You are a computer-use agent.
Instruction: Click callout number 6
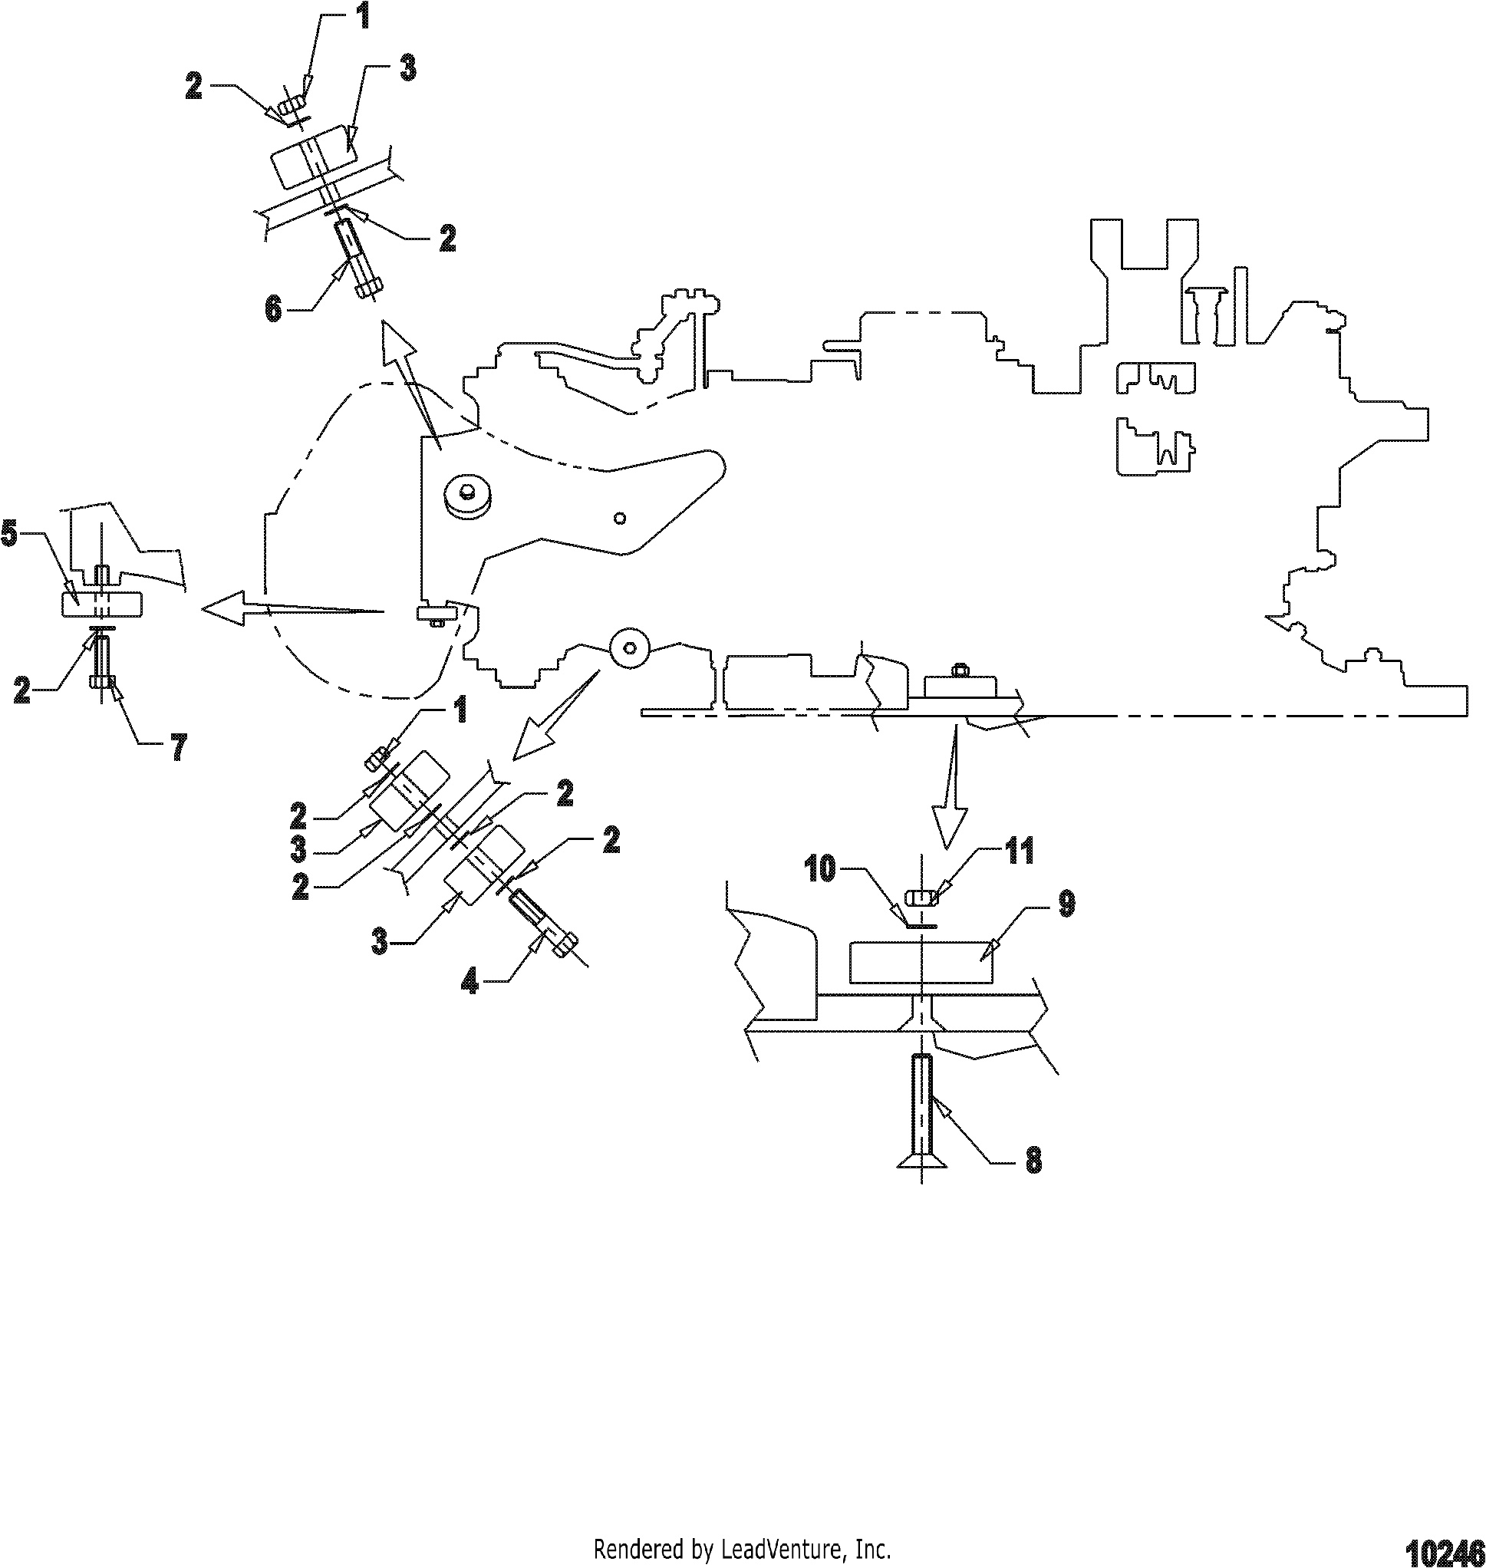click(x=273, y=309)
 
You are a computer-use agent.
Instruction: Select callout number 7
click(x=180, y=746)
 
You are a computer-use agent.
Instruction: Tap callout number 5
click(x=8, y=534)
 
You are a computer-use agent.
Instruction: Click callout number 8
click(x=1033, y=1161)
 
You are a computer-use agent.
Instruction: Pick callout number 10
click(x=820, y=869)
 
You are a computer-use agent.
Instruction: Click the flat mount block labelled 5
click(x=101, y=604)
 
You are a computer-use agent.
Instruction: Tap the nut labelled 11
click(x=923, y=898)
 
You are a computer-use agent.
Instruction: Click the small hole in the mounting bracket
click(x=621, y=518)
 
